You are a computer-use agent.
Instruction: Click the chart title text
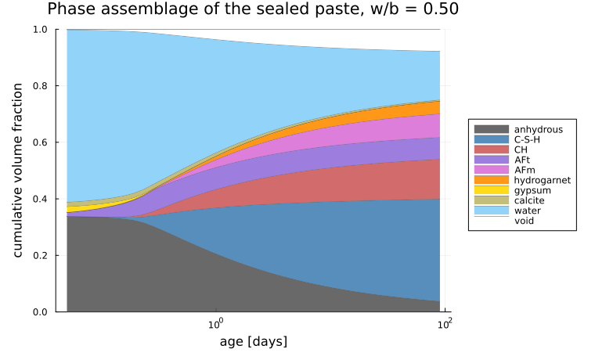pyautogui.click(x=253, y=9)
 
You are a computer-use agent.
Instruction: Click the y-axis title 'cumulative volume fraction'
pyautogui.click(x=17, y=171)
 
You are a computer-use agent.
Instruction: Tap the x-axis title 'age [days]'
pyautogui.click(x=254, y=341)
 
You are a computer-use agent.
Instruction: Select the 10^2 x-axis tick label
pyautogui.click(x=444, y=324)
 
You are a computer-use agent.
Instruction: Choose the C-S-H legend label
pyautogui.click(x=527, y=139)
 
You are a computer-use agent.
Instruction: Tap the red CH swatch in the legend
pyautogui.click(x=492, y=149)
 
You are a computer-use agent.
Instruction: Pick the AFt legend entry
pyautogui.click(x=522, y=160)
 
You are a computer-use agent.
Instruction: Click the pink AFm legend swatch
pyautogui.click(x=492, y=170)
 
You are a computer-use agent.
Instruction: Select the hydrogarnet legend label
pyautogui.click(x=543, y=180)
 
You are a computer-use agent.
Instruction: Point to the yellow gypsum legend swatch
pyautogui.click(x=492, y=190)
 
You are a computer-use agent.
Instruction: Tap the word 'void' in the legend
pyautogui.click(x=524, y=221)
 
